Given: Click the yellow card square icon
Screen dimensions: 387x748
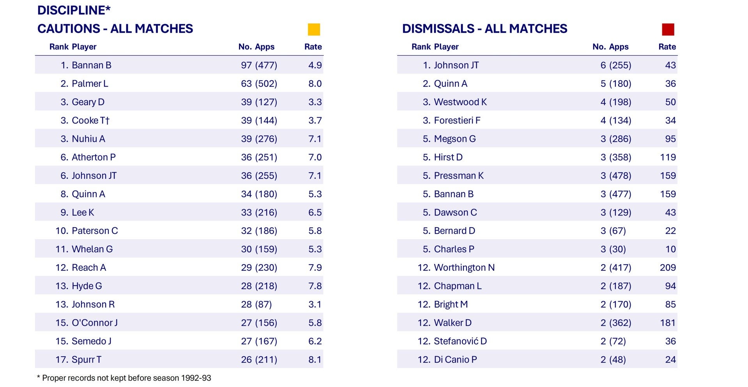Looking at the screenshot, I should [x=314, y=30].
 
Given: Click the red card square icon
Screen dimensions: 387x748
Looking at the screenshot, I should [x=668, y=30].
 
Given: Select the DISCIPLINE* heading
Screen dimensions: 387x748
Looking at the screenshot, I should [x=74, y=10].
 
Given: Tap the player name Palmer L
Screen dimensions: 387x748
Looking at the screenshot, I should [x=90, y=84].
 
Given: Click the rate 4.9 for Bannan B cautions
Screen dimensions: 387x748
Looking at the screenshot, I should [x=315, y=65].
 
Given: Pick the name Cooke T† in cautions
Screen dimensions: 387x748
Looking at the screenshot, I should [x=90, y=120].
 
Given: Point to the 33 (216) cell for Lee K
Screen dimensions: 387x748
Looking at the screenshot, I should [x=259, y=212].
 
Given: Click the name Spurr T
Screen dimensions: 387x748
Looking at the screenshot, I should [x=87, y=360].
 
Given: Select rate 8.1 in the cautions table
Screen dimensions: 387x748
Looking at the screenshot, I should [x=315, y=360].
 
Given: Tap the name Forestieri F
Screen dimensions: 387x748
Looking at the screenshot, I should [x=457, y=120].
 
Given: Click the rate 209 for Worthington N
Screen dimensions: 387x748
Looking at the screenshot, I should [x=668, y=268].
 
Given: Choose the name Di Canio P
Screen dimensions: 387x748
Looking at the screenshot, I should [x=455, y=360].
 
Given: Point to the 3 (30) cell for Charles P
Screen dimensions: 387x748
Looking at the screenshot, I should [x=613, y=249].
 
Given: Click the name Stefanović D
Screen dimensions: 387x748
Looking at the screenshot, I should [x=460, y=341].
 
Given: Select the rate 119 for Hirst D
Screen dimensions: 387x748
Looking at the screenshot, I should [x=668, y=157].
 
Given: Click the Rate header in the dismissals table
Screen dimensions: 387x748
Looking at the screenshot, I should [x=667, y=47].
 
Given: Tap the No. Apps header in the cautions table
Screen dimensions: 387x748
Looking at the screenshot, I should [x=256, y=47].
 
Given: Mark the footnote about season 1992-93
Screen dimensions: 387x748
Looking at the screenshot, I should [x=124, y=378].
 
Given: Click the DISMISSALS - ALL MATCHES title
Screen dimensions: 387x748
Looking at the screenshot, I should [x=485, y=29].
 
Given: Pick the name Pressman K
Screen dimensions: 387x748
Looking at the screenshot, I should [x=459, y=176].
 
